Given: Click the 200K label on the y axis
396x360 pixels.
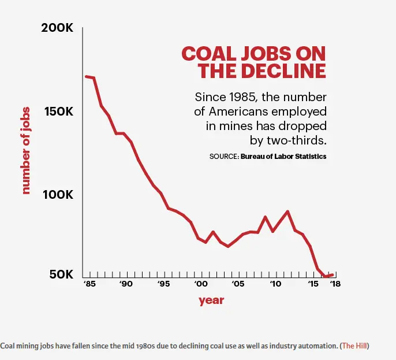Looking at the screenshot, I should coord(57,28).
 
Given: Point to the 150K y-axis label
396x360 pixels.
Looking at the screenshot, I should coord(57,111).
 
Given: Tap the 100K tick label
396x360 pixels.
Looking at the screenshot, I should coord(57,194).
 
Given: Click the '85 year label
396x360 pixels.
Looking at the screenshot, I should coord(89,284).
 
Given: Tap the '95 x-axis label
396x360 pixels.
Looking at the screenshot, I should coord(164,284).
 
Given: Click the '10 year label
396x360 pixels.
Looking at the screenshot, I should coord(275,284).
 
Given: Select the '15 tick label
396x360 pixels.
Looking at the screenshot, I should coord(313,284).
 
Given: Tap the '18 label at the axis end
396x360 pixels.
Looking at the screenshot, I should coord(335,284).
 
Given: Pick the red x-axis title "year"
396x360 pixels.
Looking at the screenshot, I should coord(211,300).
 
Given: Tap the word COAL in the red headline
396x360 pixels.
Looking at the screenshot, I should coord(206,54).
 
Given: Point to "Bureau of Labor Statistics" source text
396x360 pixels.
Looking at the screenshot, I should coord(283,157).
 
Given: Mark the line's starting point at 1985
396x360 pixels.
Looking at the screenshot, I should coord(86,76).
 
